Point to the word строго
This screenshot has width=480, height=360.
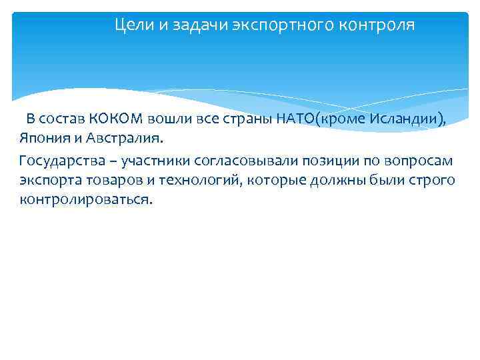pyautogui.click(x=433, y=181)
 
